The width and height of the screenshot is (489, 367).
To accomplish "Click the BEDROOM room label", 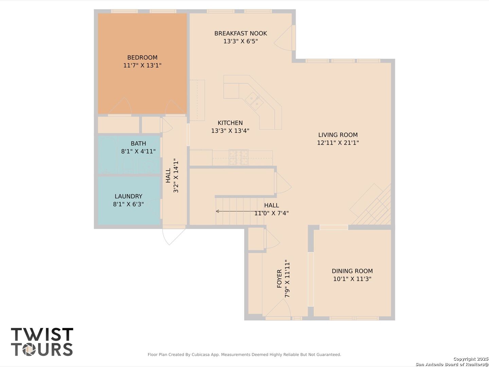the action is (x=142, y=57).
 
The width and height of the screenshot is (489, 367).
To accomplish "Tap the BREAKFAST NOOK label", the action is (x=241, y=33).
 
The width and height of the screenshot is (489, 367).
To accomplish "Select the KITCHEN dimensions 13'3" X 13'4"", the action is (x=230, y=130).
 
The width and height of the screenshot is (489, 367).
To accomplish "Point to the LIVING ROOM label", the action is (x=338, y=135).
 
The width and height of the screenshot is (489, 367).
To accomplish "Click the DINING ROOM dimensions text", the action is (x=352, y=279).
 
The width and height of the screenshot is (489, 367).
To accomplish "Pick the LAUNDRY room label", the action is (x=129, y=196).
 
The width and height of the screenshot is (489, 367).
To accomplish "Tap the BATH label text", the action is (x=138, y=143).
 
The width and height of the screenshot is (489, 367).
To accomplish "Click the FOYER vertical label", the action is (x=279, y=279).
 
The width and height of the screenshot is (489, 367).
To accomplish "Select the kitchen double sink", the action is (x=254, y=101).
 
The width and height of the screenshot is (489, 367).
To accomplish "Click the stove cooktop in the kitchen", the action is (x=239, y=157).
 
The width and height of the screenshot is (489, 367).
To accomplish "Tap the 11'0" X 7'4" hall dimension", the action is (x=272, y=213).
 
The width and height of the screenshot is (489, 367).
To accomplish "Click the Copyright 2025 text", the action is (x=471, y=359).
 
